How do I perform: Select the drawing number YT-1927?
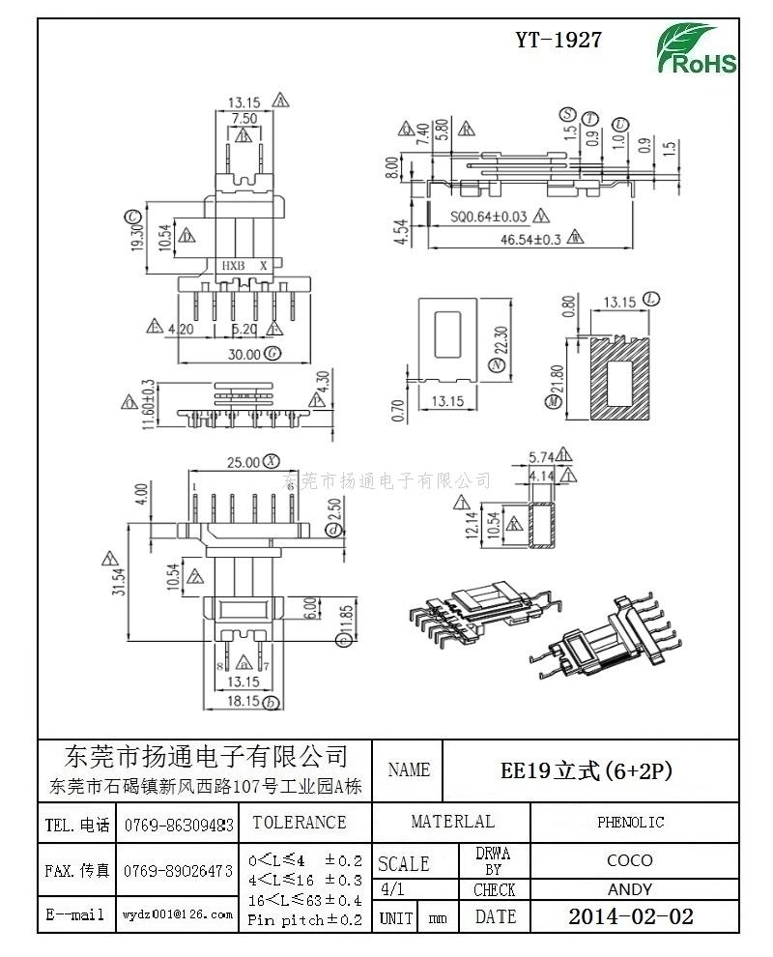558,40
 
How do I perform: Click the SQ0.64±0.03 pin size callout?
489,216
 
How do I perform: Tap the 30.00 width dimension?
243,354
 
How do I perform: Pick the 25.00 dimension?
241,462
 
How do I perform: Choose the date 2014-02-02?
630,916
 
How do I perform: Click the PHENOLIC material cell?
630,823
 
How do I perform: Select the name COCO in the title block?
630,859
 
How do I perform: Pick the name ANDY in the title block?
630,889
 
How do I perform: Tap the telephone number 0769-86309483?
179,826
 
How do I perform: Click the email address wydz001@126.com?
178,913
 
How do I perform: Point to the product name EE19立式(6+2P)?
586,770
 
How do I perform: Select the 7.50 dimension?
243,118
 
